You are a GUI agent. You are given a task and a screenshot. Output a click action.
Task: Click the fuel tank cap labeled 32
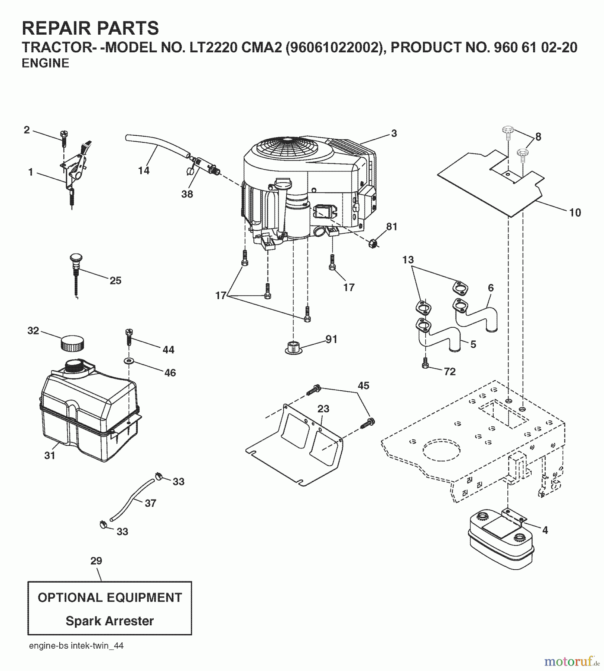pos(72,342)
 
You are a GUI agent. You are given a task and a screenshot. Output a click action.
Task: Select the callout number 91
pos(331,339)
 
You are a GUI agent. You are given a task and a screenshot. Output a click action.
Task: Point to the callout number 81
pos(392,227)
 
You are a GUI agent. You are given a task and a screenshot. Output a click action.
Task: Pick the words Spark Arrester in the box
pos(110,621)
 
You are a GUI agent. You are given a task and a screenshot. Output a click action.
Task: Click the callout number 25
pos(115,281)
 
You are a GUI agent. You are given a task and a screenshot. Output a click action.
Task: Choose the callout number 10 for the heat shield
pos(575,213)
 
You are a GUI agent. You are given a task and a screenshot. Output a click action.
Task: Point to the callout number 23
pos(323,409)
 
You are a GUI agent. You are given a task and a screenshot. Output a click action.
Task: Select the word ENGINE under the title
pos(46,63)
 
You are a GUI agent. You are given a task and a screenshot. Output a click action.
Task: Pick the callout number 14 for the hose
pos(144,171)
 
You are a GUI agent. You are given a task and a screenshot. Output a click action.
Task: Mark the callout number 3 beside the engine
pos(394,133)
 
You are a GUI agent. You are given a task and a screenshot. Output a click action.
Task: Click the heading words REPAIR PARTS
pos(90,28)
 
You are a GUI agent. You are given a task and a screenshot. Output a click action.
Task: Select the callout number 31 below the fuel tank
pos(50,455)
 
